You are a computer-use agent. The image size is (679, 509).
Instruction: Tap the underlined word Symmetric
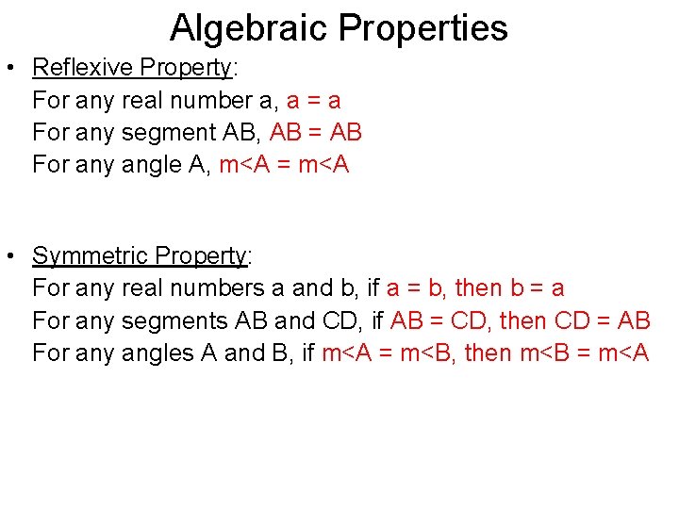(x=91, y=255)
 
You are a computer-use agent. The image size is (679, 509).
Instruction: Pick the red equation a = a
(x=313, y=100)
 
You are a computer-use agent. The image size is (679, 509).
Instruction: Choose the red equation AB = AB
(x=316, y=132)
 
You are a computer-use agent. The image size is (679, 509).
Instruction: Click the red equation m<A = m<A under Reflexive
(x=284, y=165)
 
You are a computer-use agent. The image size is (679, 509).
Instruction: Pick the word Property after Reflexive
(x=185, y=68)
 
